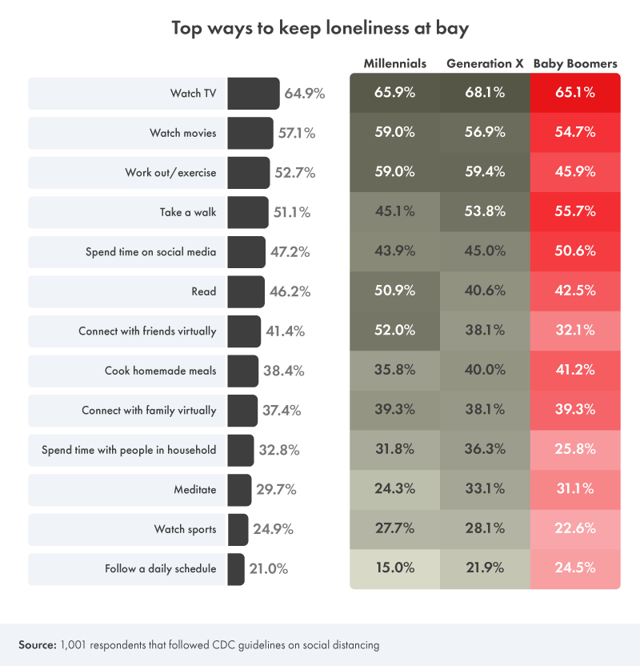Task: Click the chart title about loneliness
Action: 320,29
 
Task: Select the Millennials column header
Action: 395,63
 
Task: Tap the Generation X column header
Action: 485,63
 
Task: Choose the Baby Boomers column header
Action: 575,63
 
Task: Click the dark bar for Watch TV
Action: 253,93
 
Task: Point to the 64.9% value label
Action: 304,93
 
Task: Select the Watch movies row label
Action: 182,133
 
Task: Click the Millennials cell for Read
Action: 395,291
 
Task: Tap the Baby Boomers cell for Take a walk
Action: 575,211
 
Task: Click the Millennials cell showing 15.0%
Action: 395,568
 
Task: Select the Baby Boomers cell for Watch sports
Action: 575,529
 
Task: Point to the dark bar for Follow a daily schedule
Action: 236,569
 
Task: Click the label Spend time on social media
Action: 150,252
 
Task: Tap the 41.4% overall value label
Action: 283,331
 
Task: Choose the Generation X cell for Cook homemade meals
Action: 485,371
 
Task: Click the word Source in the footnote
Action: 36,644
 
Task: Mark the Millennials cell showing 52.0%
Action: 395,331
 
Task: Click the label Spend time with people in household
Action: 129,450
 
